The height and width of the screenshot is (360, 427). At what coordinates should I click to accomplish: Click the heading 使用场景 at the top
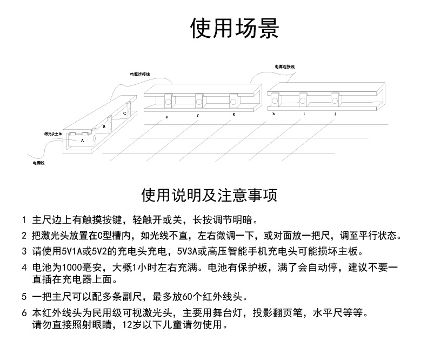pos(235,29)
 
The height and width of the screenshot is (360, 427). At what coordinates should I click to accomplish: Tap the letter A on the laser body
pos(82,139)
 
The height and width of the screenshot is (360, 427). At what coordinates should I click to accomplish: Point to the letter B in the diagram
pos(104,126)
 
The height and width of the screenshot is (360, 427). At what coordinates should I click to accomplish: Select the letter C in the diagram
pos(124,113)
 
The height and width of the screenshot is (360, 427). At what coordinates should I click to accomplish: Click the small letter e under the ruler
pos(166,117)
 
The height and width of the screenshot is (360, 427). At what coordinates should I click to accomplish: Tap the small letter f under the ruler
pos(198,116)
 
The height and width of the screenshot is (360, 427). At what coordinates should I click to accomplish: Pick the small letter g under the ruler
pos(233,115)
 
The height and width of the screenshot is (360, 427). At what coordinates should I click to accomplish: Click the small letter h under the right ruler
pos(274,115)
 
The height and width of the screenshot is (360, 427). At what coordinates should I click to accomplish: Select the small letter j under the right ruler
pos(335,114)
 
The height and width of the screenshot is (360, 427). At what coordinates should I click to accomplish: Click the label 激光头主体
pos(54,133)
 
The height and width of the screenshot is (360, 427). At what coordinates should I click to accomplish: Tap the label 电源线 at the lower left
pos(38,162)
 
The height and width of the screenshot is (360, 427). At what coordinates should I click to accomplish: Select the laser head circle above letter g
pos(233,99)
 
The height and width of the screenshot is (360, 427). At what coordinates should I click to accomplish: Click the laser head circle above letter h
pos(275,99)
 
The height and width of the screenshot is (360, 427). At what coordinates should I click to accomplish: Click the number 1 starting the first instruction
pos(24,221)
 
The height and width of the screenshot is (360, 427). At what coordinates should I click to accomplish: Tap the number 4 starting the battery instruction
pos(24,268)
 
